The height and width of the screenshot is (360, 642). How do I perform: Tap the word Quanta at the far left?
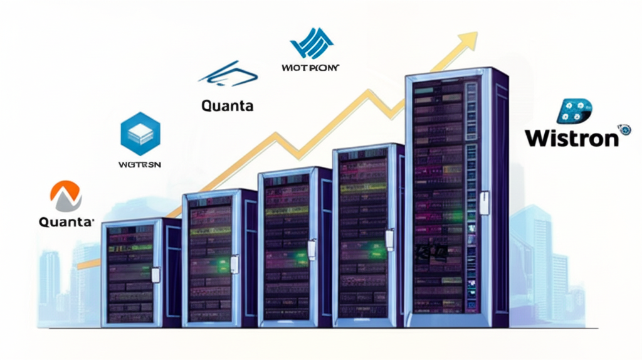tap(66, 221)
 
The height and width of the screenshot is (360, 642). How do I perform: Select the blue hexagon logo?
tap(140, 133)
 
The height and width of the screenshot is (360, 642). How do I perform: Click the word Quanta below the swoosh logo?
tap(228, 105)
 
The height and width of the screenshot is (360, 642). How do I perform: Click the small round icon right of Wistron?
tap(624, 130)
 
